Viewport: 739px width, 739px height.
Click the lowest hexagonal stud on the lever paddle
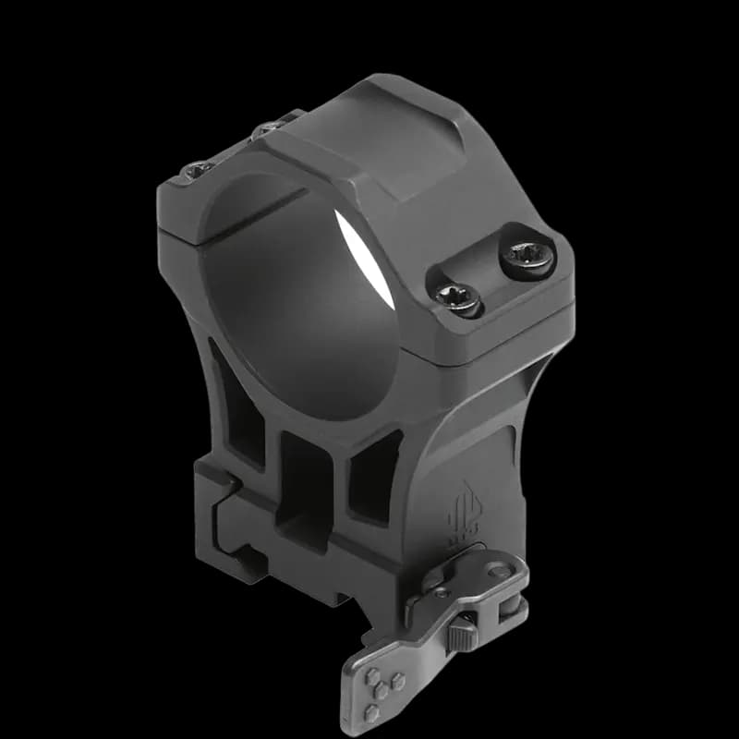371,711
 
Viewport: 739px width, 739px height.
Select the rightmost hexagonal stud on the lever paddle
398,682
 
